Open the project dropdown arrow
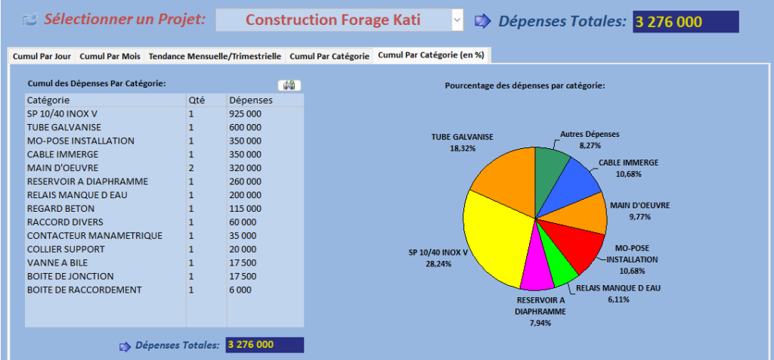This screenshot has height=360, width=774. [x=457, y=20]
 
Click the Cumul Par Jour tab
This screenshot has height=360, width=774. [x=42, y=56]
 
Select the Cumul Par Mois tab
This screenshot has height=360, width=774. [x=110, y=56]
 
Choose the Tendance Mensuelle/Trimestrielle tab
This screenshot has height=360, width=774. [x=215, y=56]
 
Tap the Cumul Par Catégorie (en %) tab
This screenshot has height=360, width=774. [x=432, y=55]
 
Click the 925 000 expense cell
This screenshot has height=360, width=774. [x=245, y=113]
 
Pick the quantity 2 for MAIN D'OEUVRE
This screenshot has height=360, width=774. [x=191, y=168]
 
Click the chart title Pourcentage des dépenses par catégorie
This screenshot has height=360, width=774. [x=525, y=85]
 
